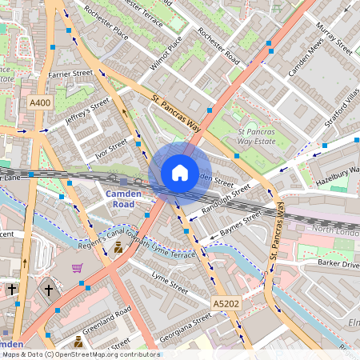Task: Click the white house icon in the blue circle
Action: [180, 173]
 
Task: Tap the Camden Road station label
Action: [122, 198]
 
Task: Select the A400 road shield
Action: [40, 103]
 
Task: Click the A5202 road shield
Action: [226, 304]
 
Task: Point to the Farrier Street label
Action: [70, 74]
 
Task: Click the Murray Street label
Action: [334, 35]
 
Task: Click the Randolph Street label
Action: [226, 198]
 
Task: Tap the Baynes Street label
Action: [240, 225]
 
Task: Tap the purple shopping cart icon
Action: [78, 268]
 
